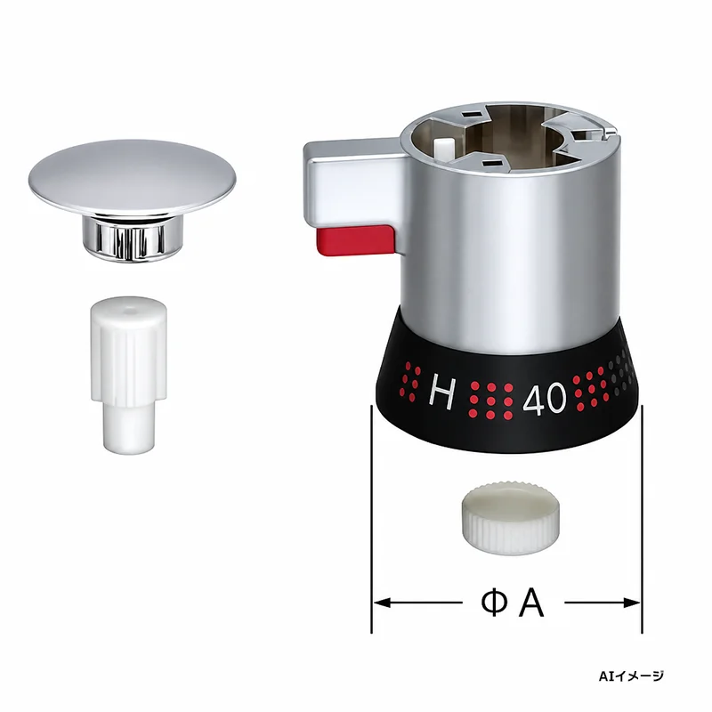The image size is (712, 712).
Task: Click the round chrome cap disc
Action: click(132, 176)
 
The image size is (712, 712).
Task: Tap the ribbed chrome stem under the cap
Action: click(132, 238)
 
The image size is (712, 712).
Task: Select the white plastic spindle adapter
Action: click(128, 375)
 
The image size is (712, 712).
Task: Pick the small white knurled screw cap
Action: click(511, 519)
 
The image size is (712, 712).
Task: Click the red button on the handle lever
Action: click(355, 239)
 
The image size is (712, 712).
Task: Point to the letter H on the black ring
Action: click(441, 391)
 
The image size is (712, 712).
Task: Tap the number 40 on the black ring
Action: click(545, 400)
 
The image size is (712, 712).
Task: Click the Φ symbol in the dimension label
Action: click(495, 603)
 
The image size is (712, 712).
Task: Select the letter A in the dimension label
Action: click(531, 603)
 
